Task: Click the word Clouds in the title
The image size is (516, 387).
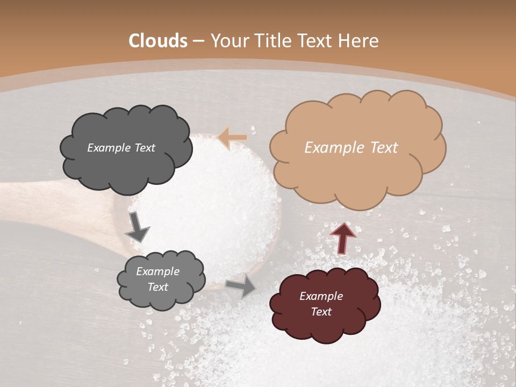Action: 158,41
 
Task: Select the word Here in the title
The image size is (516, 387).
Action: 359,41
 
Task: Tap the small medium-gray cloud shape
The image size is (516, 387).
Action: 161,279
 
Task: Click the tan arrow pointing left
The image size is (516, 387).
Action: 233,138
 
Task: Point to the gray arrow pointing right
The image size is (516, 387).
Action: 241,285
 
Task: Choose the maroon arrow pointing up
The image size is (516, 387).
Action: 343,238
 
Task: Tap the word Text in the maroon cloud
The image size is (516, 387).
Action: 321,312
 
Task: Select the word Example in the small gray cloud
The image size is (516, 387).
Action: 157,271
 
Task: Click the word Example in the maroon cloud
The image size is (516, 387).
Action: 321,296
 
